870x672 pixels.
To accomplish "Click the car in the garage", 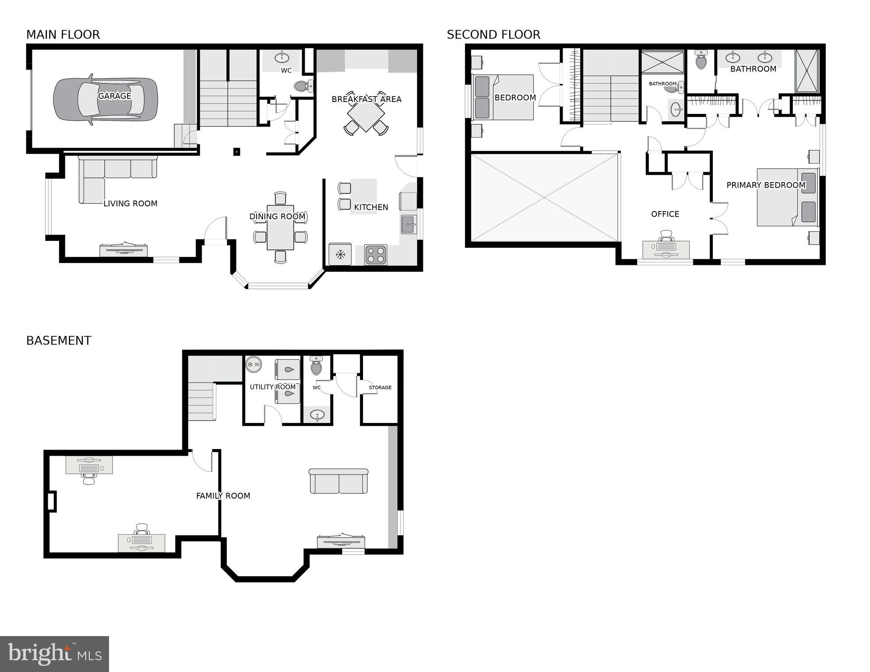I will pyautogui.click(x=105, y=99).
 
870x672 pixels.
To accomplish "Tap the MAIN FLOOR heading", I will pyautogui.click(x=63, y=35).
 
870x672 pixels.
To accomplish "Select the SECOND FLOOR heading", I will pyautogui.click(x=493, y=35).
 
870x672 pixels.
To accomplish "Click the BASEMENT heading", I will pyautogui.click(x=59, y=341).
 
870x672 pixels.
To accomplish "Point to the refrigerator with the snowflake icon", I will pyautogui.click(x=340, y=254).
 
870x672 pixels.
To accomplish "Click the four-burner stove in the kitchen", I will pyautogui.click(x=376, y=255).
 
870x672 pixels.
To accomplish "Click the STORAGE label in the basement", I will pyautogui.click(x=380, y=387).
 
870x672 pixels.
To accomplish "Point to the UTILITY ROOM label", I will pyautogui.click(x=273, y=387).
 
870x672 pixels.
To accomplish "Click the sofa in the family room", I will pyautogui.click(x=338, y=481).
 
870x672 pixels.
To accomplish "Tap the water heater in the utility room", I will pyautogui.click(x=254, y=364).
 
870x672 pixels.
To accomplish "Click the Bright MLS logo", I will pyautogui.click(x=54, y=654).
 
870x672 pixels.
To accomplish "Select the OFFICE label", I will pyautogui.click(x=665, y=214).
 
